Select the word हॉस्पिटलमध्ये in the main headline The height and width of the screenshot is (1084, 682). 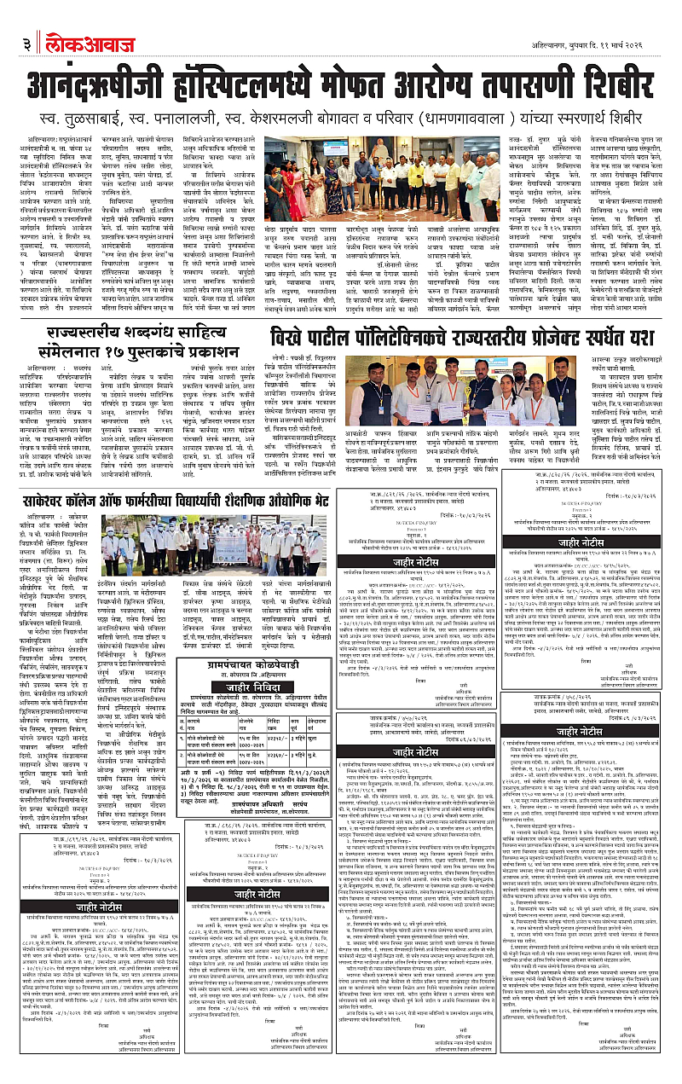coord(281,86)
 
